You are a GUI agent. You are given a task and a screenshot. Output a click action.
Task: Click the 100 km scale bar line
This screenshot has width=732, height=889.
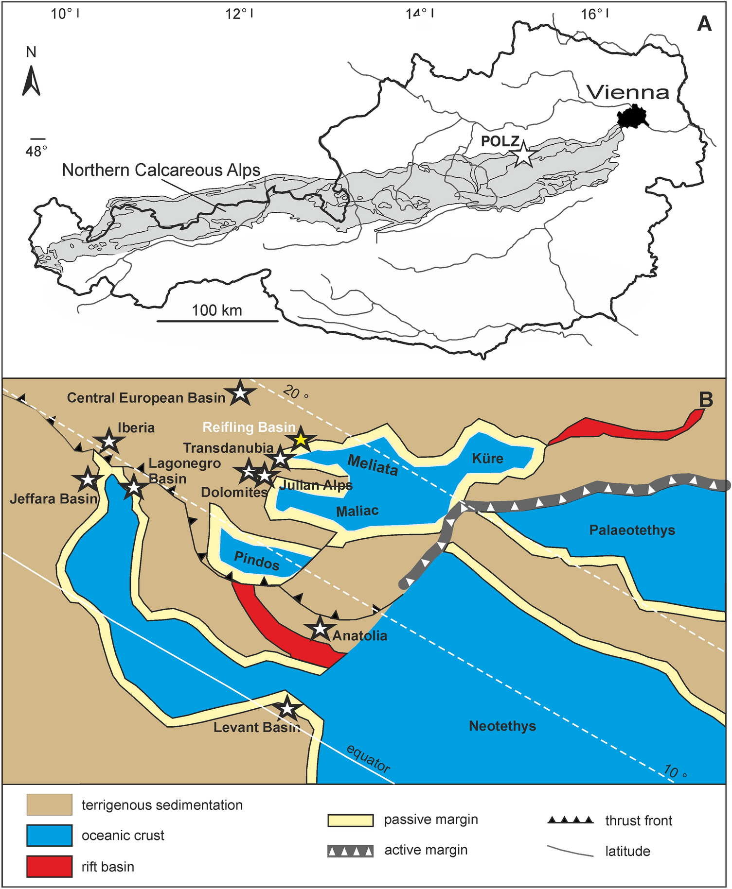point(217,321)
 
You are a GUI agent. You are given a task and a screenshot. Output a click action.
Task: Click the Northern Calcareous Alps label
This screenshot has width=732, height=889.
point(161,170)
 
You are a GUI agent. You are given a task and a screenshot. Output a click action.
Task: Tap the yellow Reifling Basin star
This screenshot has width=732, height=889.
point(301,440)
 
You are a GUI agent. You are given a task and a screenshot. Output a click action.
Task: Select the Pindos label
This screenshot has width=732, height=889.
point(257,561)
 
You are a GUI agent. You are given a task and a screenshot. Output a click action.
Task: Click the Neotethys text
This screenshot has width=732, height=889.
point(502,726)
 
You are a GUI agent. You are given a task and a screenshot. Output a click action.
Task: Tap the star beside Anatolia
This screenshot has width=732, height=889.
point(320,629)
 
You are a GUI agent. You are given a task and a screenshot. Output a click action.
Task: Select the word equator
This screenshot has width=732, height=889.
point(368,758)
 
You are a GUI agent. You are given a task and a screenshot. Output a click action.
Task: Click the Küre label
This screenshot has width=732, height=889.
point(487,458)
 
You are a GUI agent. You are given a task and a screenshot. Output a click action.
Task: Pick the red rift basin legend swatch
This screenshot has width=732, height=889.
point(49,866)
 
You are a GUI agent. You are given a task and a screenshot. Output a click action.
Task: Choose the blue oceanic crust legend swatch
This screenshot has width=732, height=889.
point(49,836)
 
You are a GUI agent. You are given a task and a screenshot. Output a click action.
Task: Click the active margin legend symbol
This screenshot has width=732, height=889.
point(350,851)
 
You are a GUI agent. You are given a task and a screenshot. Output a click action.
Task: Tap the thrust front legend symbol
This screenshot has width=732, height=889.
point(571,820)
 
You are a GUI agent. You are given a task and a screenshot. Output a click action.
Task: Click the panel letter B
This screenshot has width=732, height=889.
point(706,399)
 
